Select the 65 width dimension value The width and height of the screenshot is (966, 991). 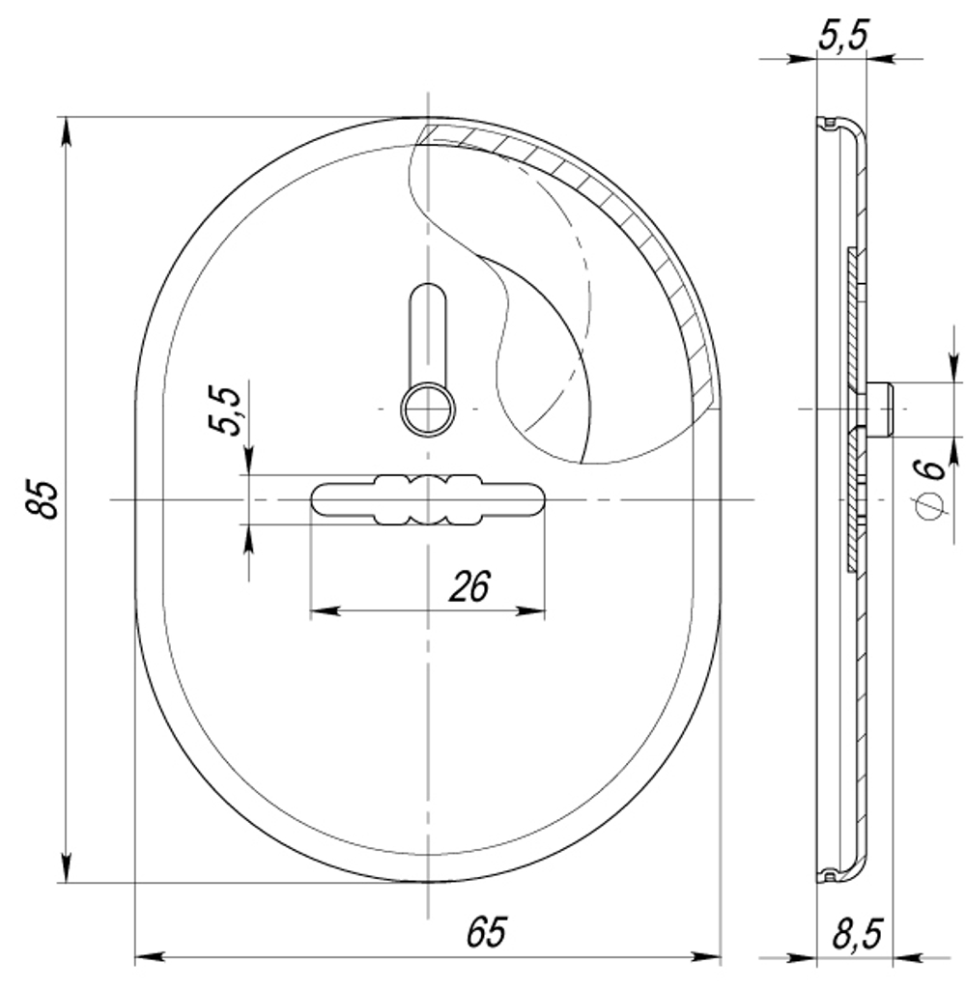486,932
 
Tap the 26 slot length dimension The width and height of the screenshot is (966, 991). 469,585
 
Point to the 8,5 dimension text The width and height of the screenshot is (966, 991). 855,934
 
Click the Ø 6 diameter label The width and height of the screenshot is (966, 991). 929,489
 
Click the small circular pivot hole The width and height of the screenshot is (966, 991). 428,410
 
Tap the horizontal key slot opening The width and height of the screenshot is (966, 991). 426,499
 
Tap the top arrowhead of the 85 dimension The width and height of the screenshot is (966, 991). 66,131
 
